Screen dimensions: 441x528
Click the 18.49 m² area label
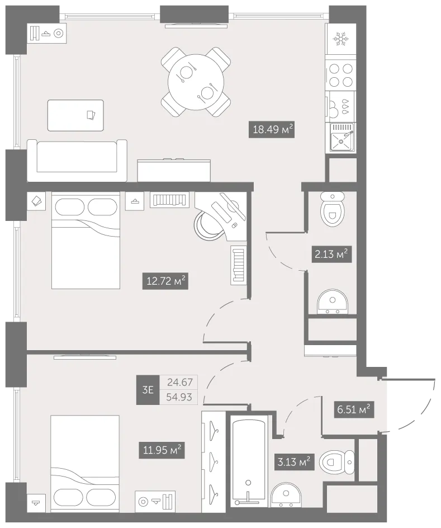pos(272,129)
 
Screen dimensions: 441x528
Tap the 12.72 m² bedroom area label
pos(165,281)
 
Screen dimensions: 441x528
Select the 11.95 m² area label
pos(162,450)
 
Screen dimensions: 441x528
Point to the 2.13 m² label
pos(331,254)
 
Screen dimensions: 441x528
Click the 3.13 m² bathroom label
pos(294,461)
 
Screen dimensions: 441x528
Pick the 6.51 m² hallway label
pos(354,409)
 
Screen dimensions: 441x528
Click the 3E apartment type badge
pos(148,390)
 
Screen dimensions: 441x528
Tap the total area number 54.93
pos(179,397)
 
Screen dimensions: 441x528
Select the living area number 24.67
pos(180,382)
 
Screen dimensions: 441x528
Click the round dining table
pos(196,82)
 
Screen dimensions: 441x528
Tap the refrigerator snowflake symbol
pos(340,39)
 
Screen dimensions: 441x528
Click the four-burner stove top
pos(340,76)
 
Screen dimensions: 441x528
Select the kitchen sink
pos(342,138)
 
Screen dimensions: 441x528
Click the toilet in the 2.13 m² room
pos(333,209)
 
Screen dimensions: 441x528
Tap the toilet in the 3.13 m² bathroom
pos(336,463)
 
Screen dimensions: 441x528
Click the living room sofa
pos(77,161)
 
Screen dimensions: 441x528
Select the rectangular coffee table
pos(75,115)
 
